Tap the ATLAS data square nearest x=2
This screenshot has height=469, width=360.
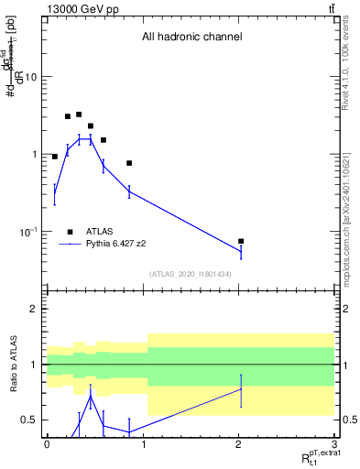pos(241,241)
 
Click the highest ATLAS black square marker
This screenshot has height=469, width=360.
pos(79,115)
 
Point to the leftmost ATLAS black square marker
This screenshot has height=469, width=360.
pos(55,157)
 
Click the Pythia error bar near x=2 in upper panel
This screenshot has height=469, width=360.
pos(241,250)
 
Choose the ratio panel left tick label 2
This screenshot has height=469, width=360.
pos(35,310)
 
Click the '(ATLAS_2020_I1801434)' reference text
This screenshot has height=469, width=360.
pos(191,274)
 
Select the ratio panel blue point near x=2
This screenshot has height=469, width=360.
pos(241,388)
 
